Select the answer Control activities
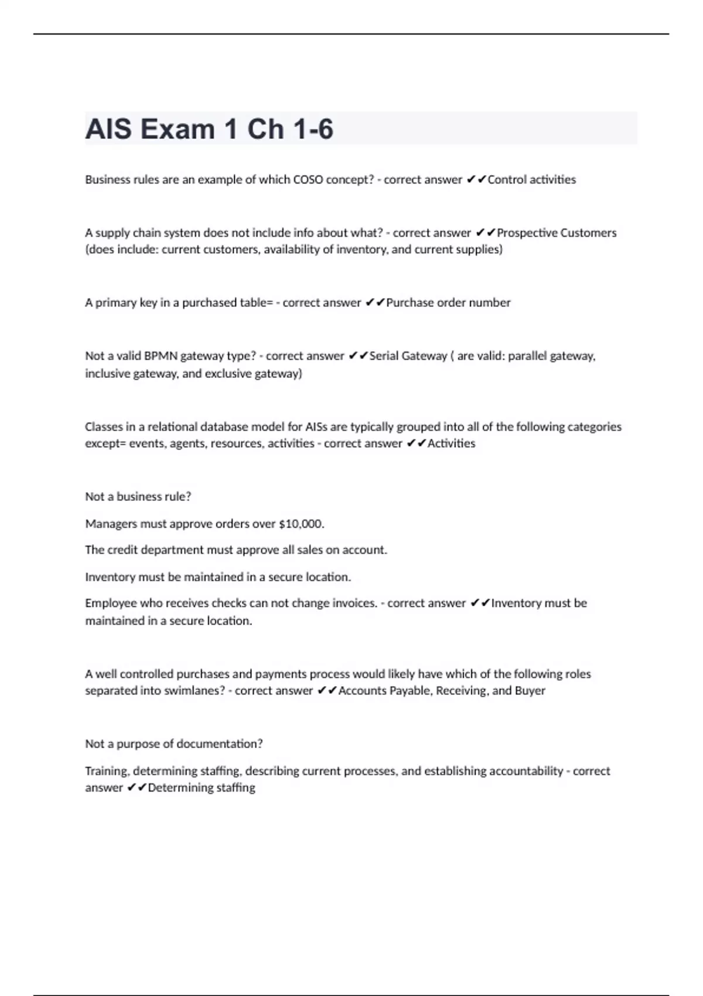coord(531,180)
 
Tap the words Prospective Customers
coord(557,233)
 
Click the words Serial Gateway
coord(408,356)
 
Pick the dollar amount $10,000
coord(301,524)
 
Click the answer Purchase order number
coord(448,303)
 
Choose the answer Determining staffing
coord(202,788)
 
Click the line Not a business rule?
coord(138,497)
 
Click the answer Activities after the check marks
coord(451,444)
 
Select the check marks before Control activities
coord(476,180)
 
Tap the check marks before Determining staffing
coord(136,788)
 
